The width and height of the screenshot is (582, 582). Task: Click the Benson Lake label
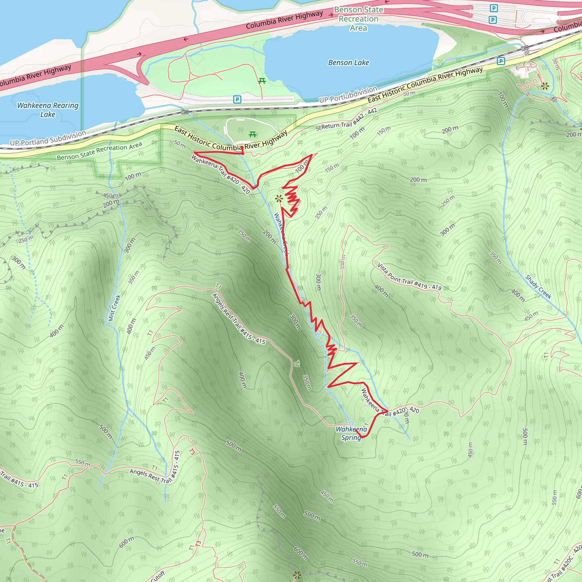348,62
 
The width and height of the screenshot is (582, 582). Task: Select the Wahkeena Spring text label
351,433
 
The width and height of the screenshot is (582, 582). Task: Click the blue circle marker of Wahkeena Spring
351,423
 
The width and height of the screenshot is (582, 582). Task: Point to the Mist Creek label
115,308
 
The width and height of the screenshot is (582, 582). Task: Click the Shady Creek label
538,287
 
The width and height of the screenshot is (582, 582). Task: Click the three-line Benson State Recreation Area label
358,19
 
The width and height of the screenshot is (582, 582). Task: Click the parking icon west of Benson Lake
237,99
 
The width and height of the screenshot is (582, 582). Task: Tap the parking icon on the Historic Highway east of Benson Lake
501,61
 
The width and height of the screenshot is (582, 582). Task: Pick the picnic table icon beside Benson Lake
262,81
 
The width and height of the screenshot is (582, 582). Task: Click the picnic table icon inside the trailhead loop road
252,134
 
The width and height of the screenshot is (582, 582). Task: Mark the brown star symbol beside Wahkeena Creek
279,199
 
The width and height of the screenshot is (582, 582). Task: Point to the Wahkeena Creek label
281,234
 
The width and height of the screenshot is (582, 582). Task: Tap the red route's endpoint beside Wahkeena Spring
356,431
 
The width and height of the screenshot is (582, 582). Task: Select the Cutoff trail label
158,576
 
